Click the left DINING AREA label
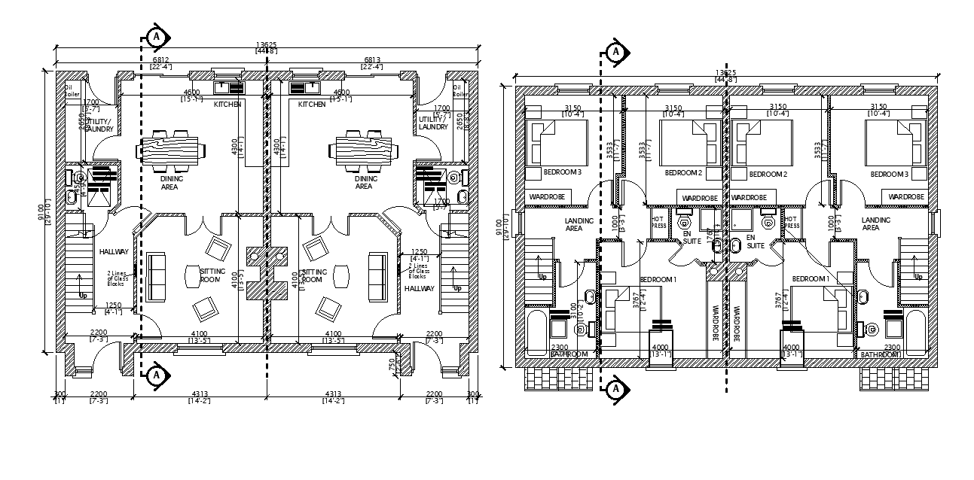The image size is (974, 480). [169, 183]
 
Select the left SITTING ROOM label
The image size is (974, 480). [211, 275]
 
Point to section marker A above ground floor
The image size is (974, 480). [155, 35]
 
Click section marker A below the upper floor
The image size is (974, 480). [615, 388]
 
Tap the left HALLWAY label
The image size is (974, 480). [113, 252]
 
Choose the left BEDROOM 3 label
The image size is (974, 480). [562, 173]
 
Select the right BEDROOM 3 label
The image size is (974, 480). [888, 174]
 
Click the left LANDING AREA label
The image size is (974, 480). [579, 224]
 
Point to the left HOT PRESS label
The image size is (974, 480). [658, 223]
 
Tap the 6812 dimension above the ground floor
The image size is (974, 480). [160, 60]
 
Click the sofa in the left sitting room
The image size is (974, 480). [157, 277]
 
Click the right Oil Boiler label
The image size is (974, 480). [457, 90]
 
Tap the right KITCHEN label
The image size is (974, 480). [312, 105]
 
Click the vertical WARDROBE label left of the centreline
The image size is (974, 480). [713, 321]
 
